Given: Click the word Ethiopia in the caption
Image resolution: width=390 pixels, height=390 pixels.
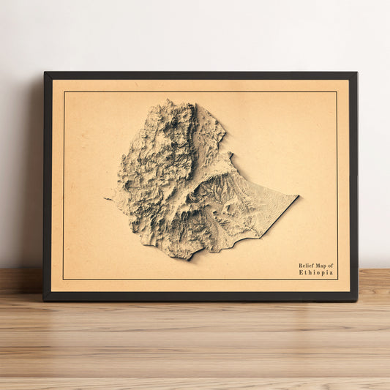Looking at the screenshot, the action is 316,273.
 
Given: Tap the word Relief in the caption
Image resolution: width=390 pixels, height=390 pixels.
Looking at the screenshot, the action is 306,266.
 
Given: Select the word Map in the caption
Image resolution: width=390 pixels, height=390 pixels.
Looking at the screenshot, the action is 321,266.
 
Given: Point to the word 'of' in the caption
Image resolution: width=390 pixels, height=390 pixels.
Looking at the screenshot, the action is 331,266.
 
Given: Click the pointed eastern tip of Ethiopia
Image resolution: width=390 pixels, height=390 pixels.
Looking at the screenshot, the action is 298,196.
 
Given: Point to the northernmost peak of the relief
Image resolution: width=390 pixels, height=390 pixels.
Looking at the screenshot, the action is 170,101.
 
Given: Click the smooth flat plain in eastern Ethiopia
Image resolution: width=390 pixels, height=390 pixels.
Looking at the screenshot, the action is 263,209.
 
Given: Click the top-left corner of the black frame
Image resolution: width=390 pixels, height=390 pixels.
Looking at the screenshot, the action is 45,72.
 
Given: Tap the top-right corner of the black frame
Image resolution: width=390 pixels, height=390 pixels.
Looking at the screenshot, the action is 356,72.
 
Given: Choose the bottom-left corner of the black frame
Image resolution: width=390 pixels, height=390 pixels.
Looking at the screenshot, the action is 44,300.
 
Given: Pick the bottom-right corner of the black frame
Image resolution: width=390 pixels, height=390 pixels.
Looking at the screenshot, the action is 357,300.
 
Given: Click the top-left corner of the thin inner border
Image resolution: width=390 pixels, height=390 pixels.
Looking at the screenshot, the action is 64,92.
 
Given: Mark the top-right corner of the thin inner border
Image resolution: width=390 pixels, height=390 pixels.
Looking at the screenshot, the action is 337,92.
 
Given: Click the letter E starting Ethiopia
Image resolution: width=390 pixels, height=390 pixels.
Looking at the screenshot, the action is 301,273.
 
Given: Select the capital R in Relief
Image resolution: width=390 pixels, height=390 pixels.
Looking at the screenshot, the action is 300,266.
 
